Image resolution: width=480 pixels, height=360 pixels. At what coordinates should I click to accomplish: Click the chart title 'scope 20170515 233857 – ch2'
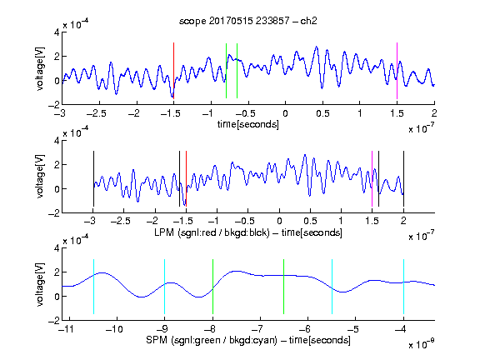point(248,21)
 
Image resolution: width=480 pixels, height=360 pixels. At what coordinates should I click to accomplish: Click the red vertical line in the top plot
point(173,71)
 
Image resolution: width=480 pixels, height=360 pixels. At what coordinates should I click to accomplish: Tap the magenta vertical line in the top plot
point(397,71)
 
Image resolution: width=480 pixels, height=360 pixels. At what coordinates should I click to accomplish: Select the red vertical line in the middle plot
point(186,179)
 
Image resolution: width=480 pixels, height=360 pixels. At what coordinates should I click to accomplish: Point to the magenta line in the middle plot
point(372,179)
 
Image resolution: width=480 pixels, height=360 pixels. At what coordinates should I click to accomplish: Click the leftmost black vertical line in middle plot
point(93,179)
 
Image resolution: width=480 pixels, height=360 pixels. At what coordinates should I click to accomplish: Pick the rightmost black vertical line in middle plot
point(403,179)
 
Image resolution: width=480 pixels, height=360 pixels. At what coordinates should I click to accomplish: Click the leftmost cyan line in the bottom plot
point(93,287)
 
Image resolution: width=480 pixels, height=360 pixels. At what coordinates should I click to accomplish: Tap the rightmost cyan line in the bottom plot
point(403,287)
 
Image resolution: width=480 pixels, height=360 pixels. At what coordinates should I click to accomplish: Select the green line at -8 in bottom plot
point(212,287)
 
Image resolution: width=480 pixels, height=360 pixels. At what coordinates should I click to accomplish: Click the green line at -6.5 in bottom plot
point(284,287)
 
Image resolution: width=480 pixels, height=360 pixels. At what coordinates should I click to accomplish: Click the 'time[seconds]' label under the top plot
point(248,125)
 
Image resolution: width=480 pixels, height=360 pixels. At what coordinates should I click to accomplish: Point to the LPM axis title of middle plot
point(248,232)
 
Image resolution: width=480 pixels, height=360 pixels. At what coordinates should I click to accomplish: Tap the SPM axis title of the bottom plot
point(248,340)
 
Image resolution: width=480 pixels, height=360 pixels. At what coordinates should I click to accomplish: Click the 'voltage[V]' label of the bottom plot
point(40,284)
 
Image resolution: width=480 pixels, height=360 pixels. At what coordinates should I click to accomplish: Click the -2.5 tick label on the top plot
point(97,113)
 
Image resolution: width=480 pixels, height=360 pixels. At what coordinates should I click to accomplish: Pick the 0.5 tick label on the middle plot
point(310,221)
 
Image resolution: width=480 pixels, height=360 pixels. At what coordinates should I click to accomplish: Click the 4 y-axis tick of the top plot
point(57,32)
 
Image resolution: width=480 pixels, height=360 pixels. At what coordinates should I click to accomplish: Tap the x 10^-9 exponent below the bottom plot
point(421,344)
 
